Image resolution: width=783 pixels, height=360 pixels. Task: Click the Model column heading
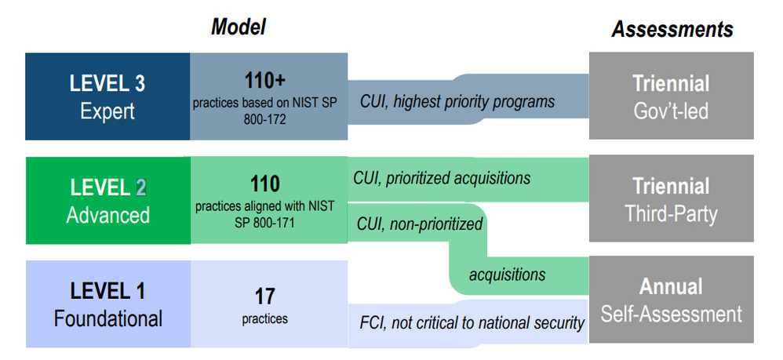[238, 27]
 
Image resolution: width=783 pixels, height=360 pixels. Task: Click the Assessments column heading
[672, 30]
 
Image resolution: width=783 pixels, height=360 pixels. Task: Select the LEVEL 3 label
[107, 83]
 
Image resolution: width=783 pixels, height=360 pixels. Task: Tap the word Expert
[107, 111]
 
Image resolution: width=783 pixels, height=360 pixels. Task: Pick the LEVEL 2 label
[107, 187]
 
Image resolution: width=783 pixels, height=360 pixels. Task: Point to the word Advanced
[107, 215]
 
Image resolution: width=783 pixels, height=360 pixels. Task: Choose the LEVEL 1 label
[107, 291]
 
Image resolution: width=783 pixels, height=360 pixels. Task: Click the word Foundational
[107, 318]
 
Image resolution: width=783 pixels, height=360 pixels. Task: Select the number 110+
[264, 80]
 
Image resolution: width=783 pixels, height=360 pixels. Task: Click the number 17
[264, 296]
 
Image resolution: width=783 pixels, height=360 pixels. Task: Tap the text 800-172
[264, 120]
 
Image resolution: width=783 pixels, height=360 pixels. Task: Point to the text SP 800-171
[264, 223]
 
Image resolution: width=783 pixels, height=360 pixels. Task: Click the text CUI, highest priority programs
[457, 101]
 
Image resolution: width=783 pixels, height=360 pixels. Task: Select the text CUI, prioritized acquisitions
[442, 177]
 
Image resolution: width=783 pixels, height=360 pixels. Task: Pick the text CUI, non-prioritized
[420, 224]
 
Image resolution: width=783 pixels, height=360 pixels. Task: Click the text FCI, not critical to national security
[472, 322]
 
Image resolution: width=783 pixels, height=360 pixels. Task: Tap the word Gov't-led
[671, 111]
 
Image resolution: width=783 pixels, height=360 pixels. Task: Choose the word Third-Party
[671, 214]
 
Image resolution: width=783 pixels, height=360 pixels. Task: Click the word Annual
[671, 287]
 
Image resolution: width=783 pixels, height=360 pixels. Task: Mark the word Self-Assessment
[671, 314]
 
